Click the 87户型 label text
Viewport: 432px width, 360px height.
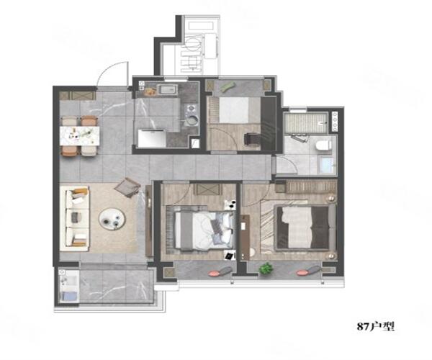pyautogui.click(x=376, y=327)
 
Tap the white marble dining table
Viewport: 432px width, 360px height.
pyautogui.click(x=80, y=135)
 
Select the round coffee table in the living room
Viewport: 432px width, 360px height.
pyautogui.click(x=112, y=219)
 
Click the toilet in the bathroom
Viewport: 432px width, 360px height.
pyautogui.click(x=323, y=145)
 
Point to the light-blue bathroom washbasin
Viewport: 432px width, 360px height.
pyautogui.click(x=326, y=166)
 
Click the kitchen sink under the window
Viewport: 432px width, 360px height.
pyautogui.click(x=167, y=90)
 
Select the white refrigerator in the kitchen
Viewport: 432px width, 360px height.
pyautogui.click(x=152, y=138)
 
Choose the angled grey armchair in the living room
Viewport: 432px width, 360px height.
pyautogui.click(x=128, y=187)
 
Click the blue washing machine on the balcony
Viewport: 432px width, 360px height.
pyautogui.click(x=69, y=297)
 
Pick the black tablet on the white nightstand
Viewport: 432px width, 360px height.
pyautogui.click(x=229, y=256)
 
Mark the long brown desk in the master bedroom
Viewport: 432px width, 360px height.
pyautogui.click(x=244, y=238)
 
